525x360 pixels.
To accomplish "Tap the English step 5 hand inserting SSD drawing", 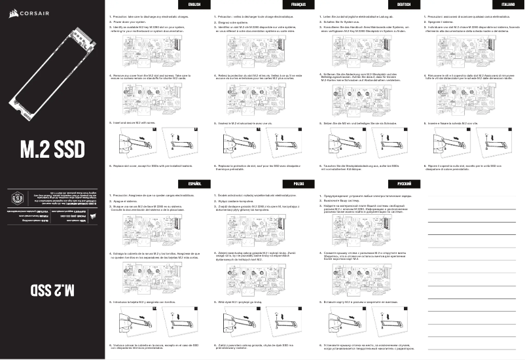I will pyautogui.click(x=131, y=142).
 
